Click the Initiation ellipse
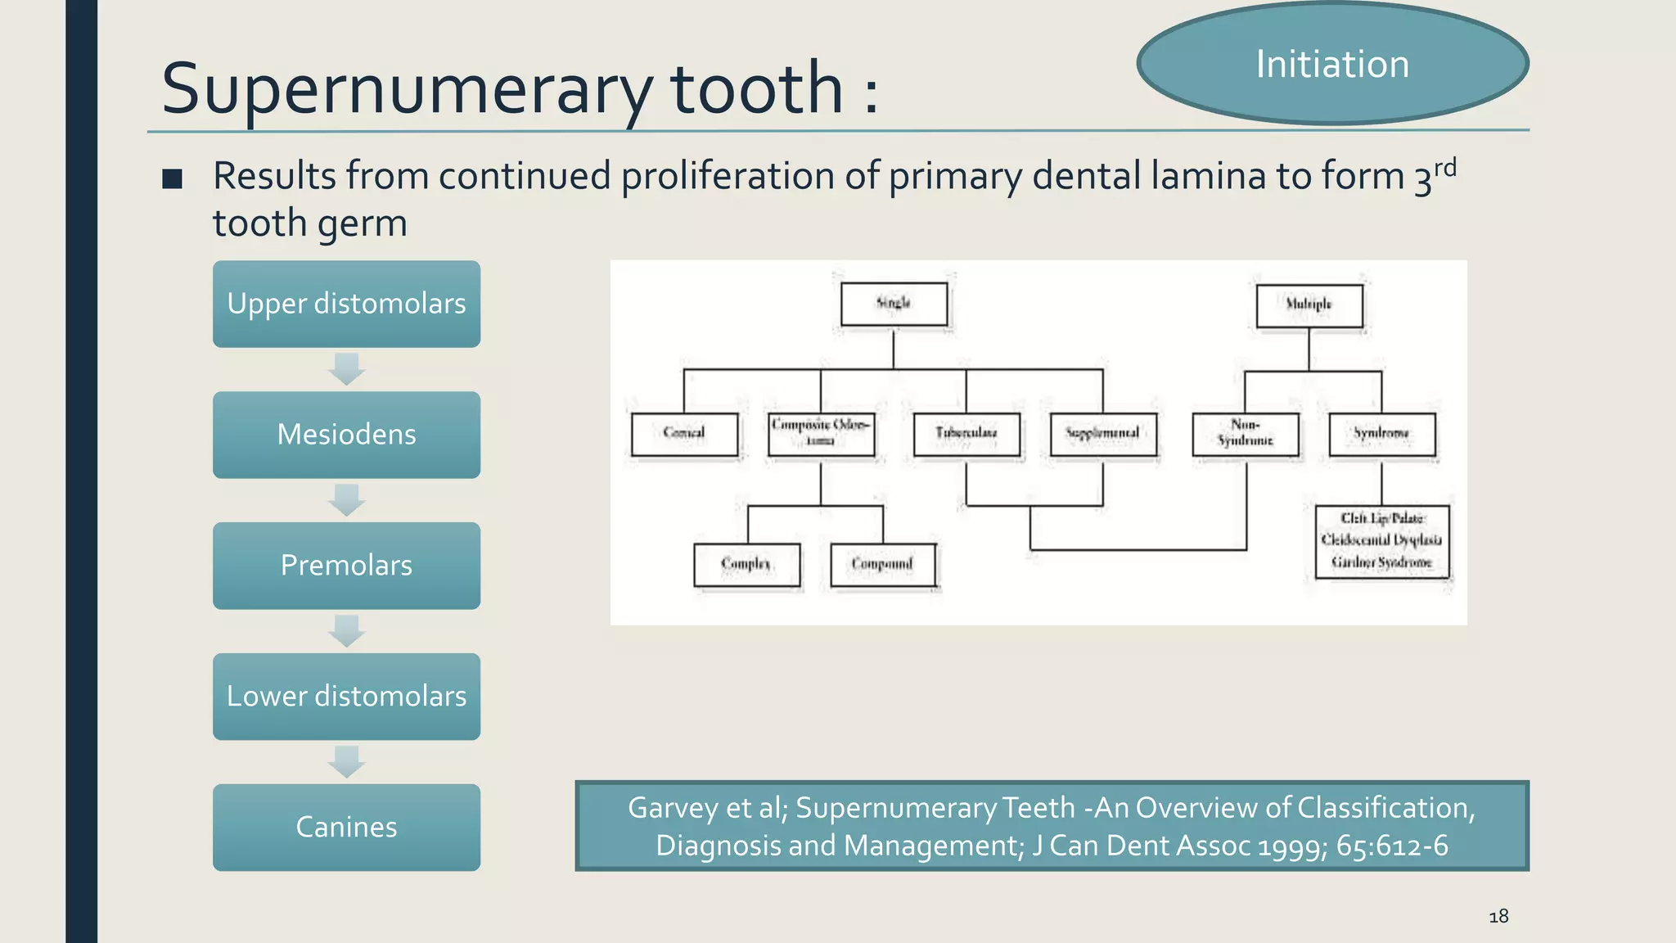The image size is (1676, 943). [1332, 64]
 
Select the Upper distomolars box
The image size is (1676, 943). [346, 304]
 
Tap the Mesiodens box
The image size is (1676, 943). [346, 435]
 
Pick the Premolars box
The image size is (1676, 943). [346, 566]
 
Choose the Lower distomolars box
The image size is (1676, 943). [346, 697]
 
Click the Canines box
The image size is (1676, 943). [346, 828]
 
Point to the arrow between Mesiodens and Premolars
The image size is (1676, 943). [346, 500]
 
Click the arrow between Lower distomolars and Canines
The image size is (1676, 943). [346, 762]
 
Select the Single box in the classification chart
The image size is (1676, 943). [894, 304]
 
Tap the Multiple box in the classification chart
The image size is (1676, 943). [1309, 305]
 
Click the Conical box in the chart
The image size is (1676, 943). [684, 433]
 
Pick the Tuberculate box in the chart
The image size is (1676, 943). [966, 433]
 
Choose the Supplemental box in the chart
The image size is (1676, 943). [1102, 433]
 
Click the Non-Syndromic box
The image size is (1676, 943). [1245, 433]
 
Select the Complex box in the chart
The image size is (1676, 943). [746, 564]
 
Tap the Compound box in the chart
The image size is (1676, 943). [882, 564]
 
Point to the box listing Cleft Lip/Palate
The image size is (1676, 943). [1381, 541]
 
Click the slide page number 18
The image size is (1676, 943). [1498, 916]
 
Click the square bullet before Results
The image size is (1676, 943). [172, 178]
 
